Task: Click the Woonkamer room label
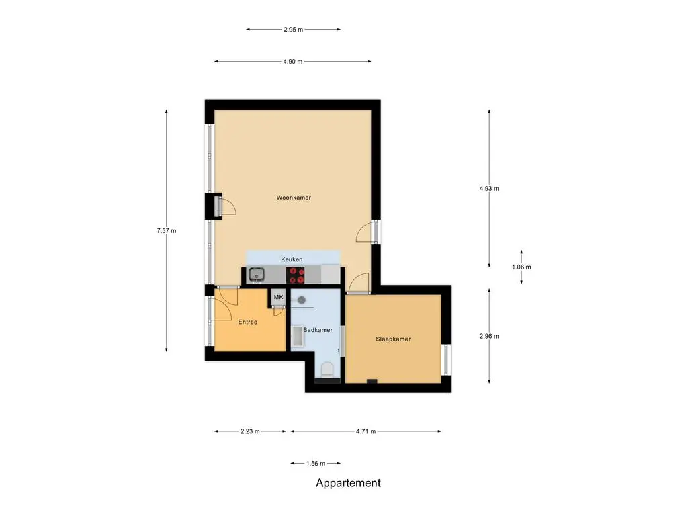pos(294,198)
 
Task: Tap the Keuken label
pos(292,259)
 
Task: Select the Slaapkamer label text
pos(393,339)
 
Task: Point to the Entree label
pos(247,322)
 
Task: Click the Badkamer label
pos(318,330)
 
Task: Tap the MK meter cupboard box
pos(279,297)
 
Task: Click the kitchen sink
pos(257,275)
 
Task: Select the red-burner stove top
pos(296,275)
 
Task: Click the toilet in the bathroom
pos(327,370)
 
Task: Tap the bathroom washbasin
pos(298,337)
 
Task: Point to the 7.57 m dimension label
pos(167,231)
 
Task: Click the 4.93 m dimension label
pos(489,189)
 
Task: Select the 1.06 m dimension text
pos(521,267)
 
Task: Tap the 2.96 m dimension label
pos(489,336)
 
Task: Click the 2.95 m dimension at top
pos(293,30)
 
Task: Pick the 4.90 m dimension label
pos(293,61)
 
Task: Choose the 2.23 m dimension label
pos(250,431)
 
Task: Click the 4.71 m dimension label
pos(366,431)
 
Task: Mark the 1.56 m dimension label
pos(316,464)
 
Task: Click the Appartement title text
pos(349,483)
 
